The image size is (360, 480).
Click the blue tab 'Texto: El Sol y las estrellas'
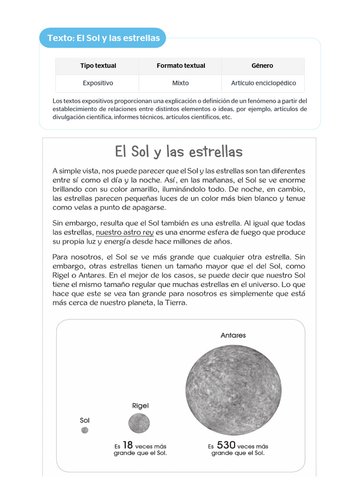(104, 38)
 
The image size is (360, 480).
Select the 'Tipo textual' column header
(98, 66)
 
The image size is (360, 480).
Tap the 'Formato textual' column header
(180, 66)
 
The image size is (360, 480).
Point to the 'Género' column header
(262, 66)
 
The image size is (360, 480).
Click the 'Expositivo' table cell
(98, 83)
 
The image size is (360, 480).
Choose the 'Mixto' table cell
(180, 83)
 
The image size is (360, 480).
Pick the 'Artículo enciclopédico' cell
(263, 83)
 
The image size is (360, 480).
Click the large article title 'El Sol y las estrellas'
(179, 152)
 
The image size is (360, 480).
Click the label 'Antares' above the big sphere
(233, 335)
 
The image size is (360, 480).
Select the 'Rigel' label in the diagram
(140, 405)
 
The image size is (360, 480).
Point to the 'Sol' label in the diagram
(84, 420)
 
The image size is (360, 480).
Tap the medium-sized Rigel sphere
(139, 423)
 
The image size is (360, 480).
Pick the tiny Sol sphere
(84, 430)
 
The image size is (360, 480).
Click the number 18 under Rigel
(128, 445)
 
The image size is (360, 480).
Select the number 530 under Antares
(226, 445)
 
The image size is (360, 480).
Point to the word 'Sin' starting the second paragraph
(58, 223)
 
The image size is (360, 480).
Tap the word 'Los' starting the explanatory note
(57, 101)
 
